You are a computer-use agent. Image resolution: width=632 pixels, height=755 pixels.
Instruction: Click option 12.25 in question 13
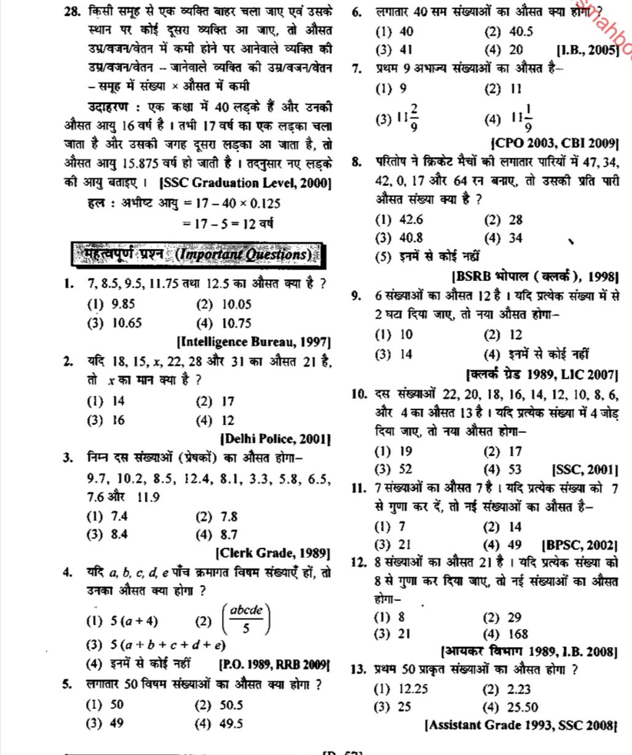coord(405,689)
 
